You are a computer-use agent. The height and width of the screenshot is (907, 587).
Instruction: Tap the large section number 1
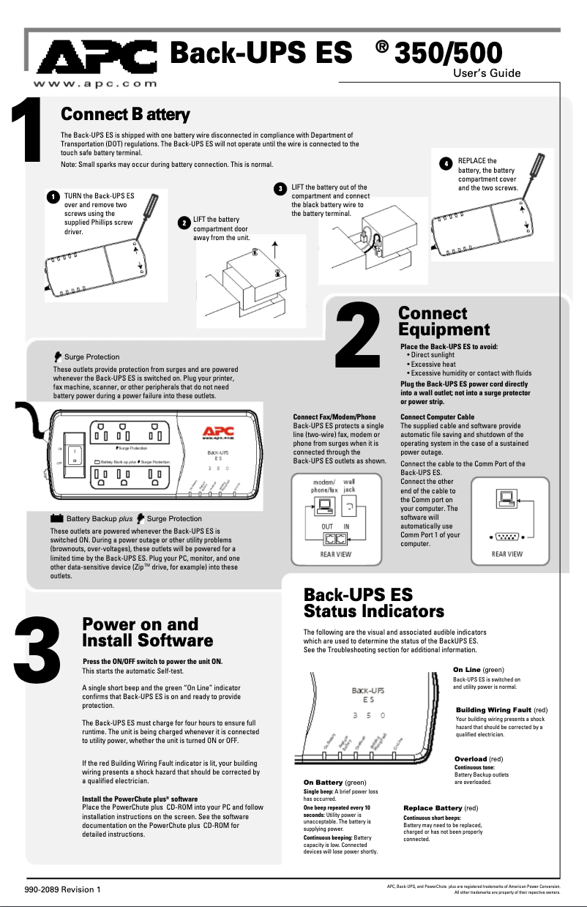(x=28, y=132)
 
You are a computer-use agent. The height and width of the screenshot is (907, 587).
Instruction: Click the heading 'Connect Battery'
(x=126, y=115)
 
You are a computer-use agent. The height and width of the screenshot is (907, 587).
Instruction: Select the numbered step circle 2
(x=183, y=223)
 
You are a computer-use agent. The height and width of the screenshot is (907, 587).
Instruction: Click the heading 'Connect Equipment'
(x=444, y=321)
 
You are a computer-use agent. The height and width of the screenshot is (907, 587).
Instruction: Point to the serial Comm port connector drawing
(x=504, y=535)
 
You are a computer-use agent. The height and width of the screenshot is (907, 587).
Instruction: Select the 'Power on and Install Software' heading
(x=147, y=632)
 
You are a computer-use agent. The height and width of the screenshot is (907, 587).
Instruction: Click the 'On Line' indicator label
(x=466, y=670)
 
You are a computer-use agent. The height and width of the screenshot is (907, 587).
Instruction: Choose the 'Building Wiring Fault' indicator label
(x=493, y=710)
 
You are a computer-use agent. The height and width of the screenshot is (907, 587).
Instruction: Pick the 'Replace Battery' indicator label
(x=433, y=807)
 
